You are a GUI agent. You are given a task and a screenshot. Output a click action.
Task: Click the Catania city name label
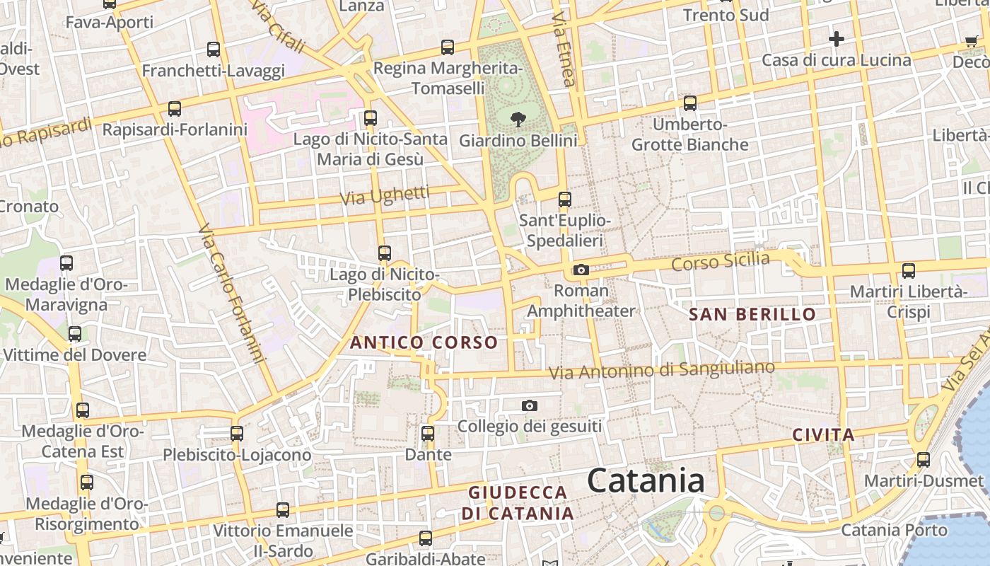646,481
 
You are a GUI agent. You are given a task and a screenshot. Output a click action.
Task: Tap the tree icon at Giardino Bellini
518,120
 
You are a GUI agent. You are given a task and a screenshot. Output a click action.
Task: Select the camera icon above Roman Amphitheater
581,270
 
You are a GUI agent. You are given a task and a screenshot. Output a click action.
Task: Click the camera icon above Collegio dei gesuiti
529,405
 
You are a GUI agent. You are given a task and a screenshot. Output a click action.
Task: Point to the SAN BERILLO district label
752,314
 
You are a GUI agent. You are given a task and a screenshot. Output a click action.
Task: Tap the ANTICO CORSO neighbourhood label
424,343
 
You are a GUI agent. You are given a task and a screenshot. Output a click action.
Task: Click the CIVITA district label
823,434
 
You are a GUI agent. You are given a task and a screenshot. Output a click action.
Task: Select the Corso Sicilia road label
720,262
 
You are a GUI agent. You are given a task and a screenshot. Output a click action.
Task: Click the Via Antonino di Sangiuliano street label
662,370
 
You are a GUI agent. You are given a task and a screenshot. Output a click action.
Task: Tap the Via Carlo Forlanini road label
231,293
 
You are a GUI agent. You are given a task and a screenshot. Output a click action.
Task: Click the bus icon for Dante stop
428,433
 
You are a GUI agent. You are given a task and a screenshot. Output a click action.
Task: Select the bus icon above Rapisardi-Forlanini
175,109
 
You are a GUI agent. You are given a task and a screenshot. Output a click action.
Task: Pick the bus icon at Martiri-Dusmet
924,460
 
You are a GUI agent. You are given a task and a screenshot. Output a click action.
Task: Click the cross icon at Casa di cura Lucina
837,38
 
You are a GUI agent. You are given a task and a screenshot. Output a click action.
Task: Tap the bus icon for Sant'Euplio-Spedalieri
564,200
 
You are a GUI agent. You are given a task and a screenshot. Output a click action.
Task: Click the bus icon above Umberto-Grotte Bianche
690,103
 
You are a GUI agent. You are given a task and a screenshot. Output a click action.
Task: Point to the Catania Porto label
894,530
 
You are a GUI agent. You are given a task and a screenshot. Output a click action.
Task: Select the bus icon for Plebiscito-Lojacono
237,433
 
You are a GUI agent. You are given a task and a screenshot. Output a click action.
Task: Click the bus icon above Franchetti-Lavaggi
214,50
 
